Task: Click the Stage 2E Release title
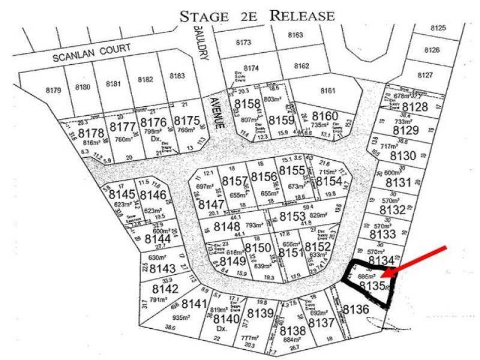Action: [x=257, y=16]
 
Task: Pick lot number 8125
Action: [x=439, y=29]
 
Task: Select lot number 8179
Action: [x=54, y=91]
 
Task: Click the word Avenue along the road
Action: [x=219, y=113]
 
